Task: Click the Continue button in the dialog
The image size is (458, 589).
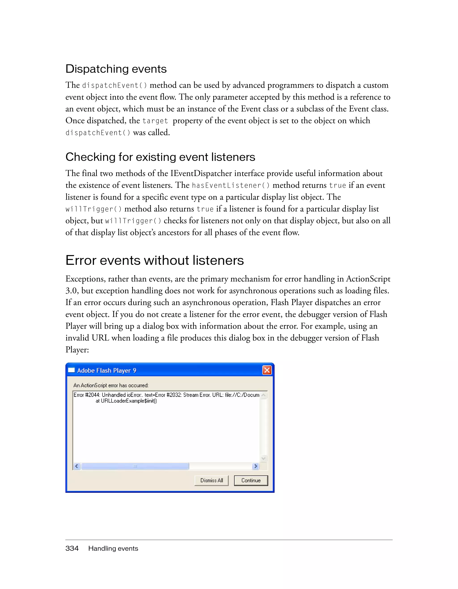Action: point(251,480)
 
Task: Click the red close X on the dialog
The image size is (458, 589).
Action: point(267,370)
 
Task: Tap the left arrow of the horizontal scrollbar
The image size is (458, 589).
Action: point(77,466)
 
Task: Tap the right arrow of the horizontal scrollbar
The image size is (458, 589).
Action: point(255,466)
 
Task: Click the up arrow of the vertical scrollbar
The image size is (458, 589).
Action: point(264,395)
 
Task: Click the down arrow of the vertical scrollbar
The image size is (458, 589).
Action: point(264,458)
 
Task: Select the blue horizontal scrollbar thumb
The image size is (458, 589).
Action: point(135,466)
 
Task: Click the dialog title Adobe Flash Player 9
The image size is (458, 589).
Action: point(106,370)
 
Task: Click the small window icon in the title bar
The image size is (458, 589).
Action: point(71,370)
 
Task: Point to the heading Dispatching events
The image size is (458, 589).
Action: point(116,69)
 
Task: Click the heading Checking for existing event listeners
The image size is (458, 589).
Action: point(160,157)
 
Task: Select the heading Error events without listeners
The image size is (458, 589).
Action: point(155,260)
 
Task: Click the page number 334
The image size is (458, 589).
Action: point(72,548)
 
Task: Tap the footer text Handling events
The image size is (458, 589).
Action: point(113,548)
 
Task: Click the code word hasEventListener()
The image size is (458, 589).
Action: point(231,185)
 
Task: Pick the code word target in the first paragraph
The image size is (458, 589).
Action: point(155,121)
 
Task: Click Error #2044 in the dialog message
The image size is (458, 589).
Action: point(86,395)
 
